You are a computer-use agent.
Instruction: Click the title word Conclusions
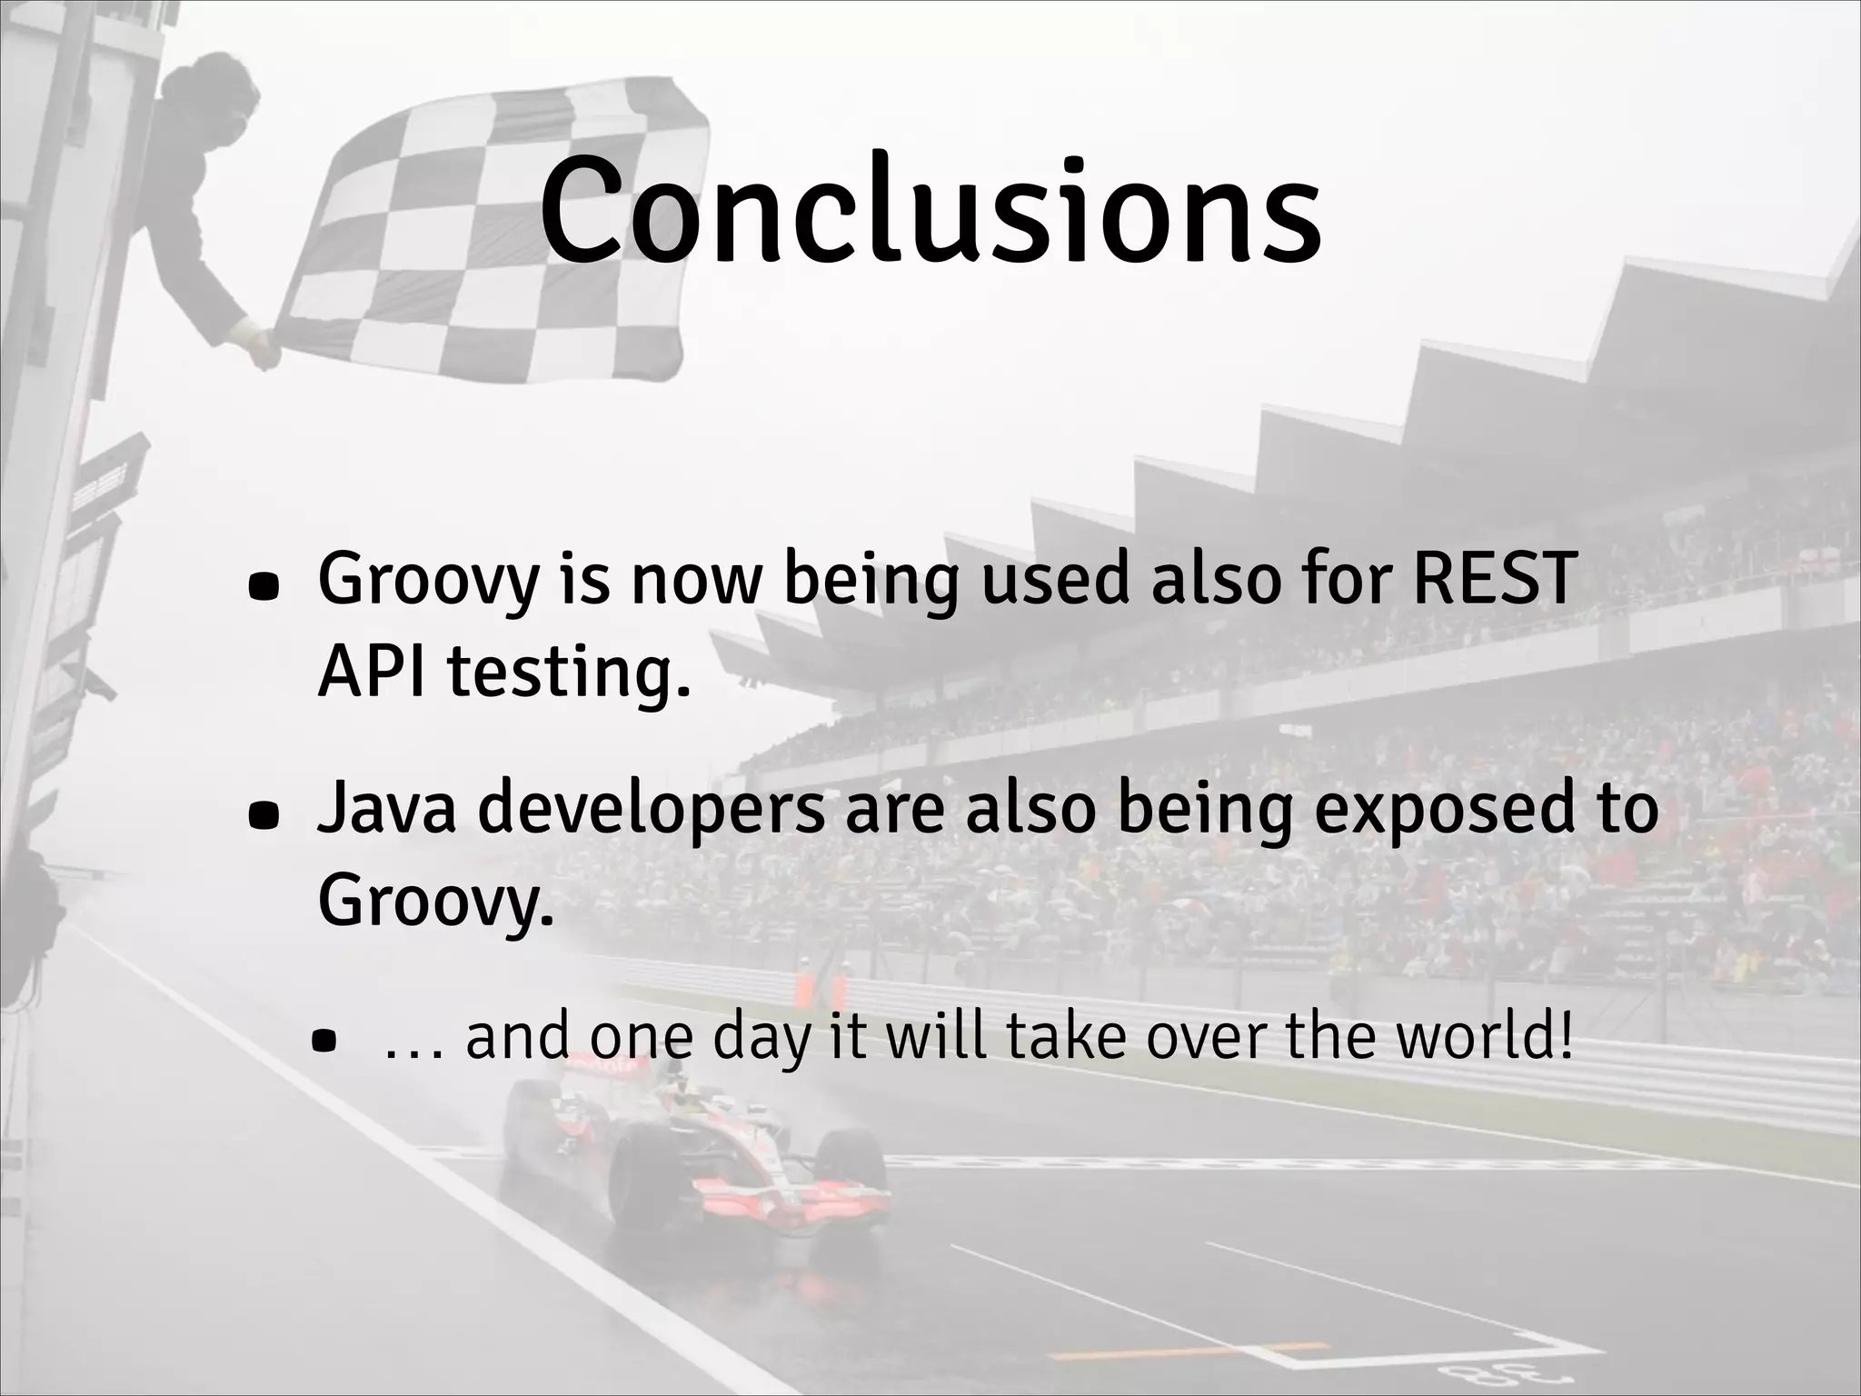coord(930,211)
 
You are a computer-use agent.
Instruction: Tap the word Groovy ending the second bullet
coord(434,902)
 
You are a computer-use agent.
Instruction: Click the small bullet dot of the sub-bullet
coord(323,1042)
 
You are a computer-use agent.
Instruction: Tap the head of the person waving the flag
coord(218,91)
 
